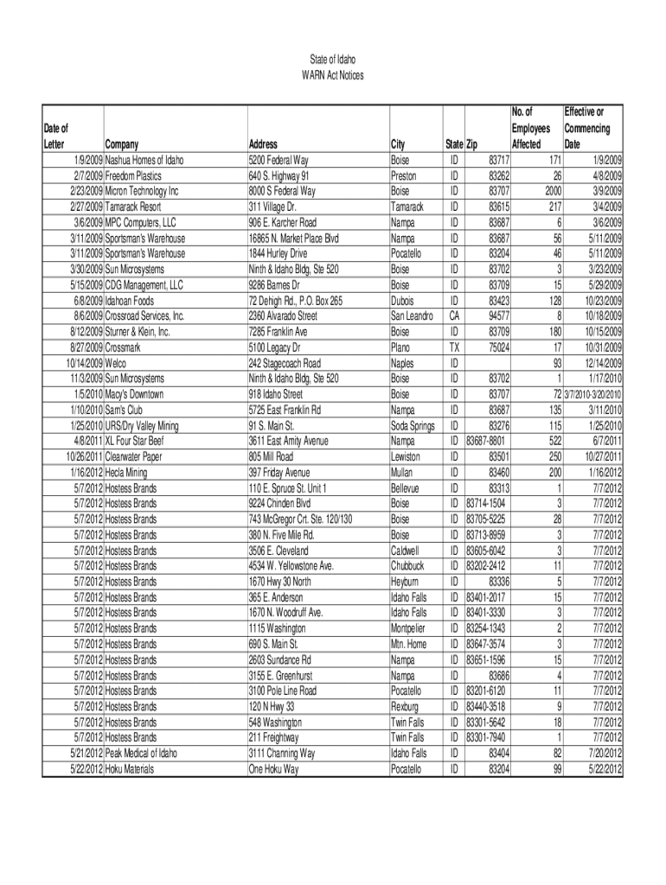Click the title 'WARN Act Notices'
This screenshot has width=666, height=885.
(332, 76)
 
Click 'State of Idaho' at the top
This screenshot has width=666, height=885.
(332, 60)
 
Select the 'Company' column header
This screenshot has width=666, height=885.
(120, 144)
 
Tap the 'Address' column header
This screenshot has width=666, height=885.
(263, 144)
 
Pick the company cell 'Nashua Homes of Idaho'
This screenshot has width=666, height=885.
(144, 161)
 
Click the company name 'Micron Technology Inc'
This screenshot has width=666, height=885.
(142, 191)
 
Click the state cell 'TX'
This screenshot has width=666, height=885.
(452, 347)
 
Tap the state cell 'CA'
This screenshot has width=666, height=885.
(452, 316)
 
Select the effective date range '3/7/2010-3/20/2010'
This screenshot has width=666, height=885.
(593, 394)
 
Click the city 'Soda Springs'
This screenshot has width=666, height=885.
(413, 425)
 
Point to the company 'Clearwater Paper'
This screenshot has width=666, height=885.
(136, 456)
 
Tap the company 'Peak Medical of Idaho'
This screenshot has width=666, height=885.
(141, 753)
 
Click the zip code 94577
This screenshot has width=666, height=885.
(498, 316)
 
